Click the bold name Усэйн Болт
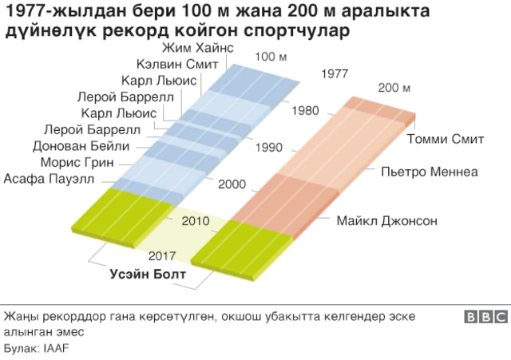pyautogui.click(x=148, y=275)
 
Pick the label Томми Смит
pyautogui.click(x=446, y=140)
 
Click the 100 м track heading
pyautogui.click(x=271, y=57)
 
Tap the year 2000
pyautogui.click(x=232, y=184)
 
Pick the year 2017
pyautogui.click(x=162, y=256)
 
